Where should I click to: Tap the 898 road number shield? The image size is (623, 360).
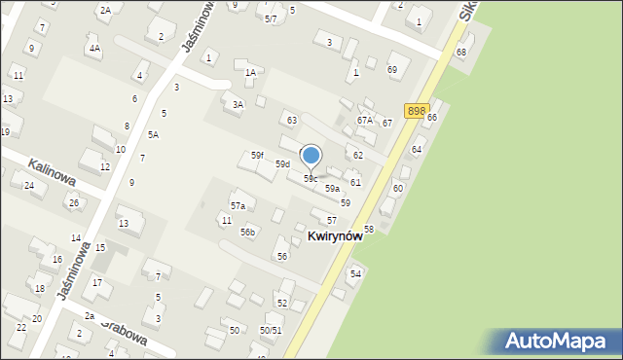coord(417,112)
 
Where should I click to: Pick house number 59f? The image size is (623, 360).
coord(257,156)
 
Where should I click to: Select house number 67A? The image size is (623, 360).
coord(365,120)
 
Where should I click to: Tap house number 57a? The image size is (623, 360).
coord(238,206)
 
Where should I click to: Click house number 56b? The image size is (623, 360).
coord(248,232)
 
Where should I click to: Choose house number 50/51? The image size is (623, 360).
coord(270,331)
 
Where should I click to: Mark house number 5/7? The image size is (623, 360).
coord(271,18)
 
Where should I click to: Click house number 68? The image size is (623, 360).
coord(461,52)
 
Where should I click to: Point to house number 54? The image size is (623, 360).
coord(356,274)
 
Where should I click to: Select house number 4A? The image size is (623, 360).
coord(93,47)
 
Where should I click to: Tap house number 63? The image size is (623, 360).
coord(291,120)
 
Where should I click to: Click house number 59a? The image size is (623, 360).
coord(332,189)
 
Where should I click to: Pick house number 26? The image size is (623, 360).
coord(73,202)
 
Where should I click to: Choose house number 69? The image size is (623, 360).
coord(391,70)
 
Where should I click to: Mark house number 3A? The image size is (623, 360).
coord(237,104)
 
